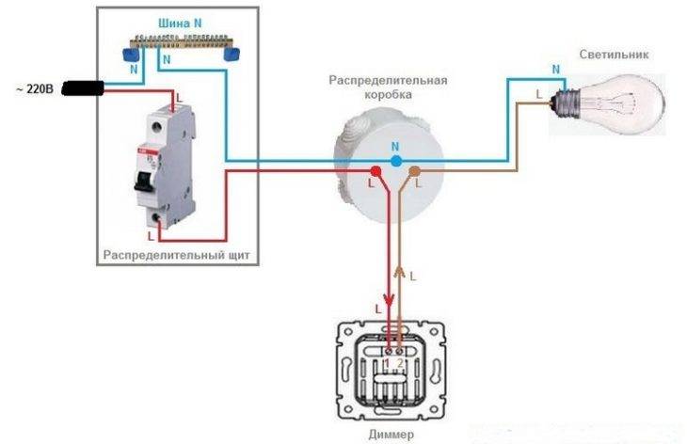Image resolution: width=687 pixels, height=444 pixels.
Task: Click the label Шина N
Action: point(180,24)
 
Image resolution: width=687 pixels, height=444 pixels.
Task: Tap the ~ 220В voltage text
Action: point(35,89)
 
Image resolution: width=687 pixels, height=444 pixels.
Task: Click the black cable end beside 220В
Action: point(83,88)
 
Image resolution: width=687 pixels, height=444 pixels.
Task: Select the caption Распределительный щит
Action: point(177,255)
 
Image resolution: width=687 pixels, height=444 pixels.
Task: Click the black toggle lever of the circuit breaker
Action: point(144,181)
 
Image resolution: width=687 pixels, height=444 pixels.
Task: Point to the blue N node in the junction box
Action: point(396,161)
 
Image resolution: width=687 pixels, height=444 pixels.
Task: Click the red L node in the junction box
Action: point(375,171)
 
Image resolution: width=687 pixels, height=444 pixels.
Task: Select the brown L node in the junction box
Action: point(414,171)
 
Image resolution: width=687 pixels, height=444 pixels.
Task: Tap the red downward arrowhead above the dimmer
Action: point(389,300)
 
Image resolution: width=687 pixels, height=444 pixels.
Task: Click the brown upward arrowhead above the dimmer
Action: point(399,272)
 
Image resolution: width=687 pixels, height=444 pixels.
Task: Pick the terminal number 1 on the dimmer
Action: point(387,363)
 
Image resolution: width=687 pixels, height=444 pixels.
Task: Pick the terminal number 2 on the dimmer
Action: point(400,363)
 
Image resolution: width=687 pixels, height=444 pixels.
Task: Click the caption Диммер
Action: point(391,435)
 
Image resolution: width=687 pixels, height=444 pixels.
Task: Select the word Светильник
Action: point(614,55)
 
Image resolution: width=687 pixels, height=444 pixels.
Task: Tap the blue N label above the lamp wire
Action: point(556,70)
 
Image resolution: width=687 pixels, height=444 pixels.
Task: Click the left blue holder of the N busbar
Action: point(131,55)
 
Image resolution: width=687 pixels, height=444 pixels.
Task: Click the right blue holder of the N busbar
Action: point(232,55)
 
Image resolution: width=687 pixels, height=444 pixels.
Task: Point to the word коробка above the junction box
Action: point(388,95)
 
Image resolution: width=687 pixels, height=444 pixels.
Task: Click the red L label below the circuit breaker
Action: point(151,236)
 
